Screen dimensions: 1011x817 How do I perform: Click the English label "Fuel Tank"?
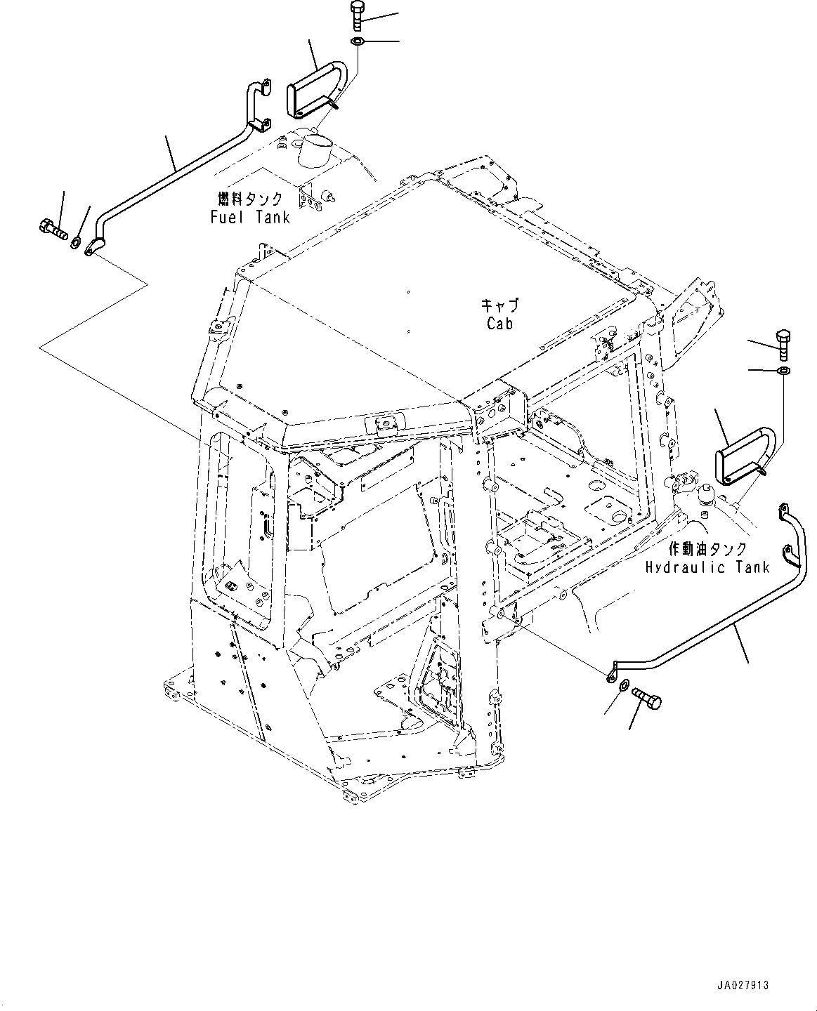tap(250, 217)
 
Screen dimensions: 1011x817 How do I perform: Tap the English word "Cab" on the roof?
tap(499, 323)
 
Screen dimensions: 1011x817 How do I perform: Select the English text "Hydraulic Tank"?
tap(707, 567)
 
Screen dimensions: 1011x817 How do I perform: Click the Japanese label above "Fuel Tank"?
tap(250, 199)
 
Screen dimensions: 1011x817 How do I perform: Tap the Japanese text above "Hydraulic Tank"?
tap(707, 550)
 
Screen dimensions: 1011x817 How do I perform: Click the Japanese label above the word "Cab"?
tap(499, 305)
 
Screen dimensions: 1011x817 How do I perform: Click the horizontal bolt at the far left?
tap(51, 227)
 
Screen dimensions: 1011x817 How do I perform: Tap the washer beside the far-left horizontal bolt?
tap(74, 242)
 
